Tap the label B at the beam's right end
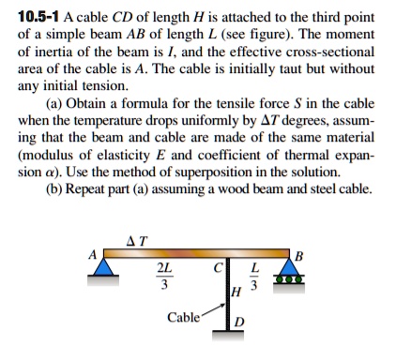[299, 256]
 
